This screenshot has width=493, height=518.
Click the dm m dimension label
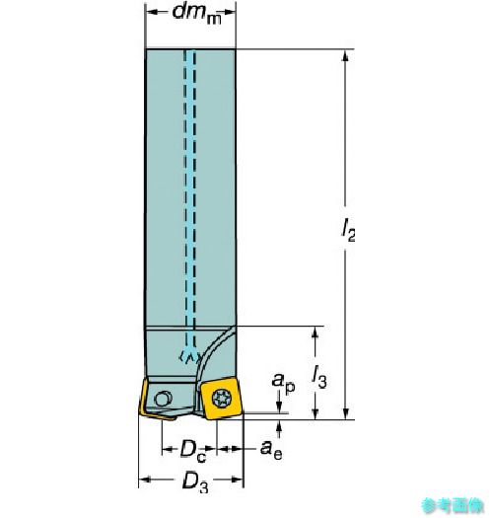point(197,14)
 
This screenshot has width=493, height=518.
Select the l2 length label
point(348,230)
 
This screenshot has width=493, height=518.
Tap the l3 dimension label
point(319,377)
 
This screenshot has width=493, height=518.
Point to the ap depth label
point(283,382)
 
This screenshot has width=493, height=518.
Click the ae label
point(271,451)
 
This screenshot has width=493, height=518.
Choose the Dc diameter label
point(193,451)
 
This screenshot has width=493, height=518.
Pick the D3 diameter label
point(195,482)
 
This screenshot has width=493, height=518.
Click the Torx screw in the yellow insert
point(222,398)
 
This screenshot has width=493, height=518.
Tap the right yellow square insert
point(221,399)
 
